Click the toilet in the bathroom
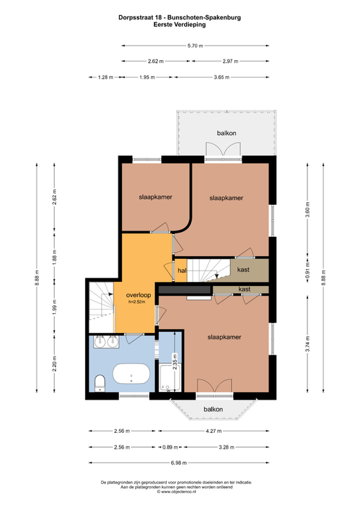[x=100, y=383]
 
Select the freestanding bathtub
[x=132, y=373]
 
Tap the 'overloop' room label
[x=138, y=295]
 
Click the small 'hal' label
[x=182, y=270]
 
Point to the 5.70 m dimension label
[x=195, y=46]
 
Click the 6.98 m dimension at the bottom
[x=179, y=463]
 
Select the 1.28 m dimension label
[x=105, y=78]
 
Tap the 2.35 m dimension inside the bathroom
[x=175, y=361]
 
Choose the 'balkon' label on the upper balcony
[x=226, y=133]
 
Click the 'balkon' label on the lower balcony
[x=213, y=409]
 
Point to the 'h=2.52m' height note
[x=136, y=301]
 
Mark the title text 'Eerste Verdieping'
[x=180, y=24]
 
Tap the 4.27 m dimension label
[x=214, y=431]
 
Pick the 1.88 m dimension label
[x=55, y=256]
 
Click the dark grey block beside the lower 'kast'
[x=186, y=290]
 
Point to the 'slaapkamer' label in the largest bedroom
[x=224, y=337]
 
